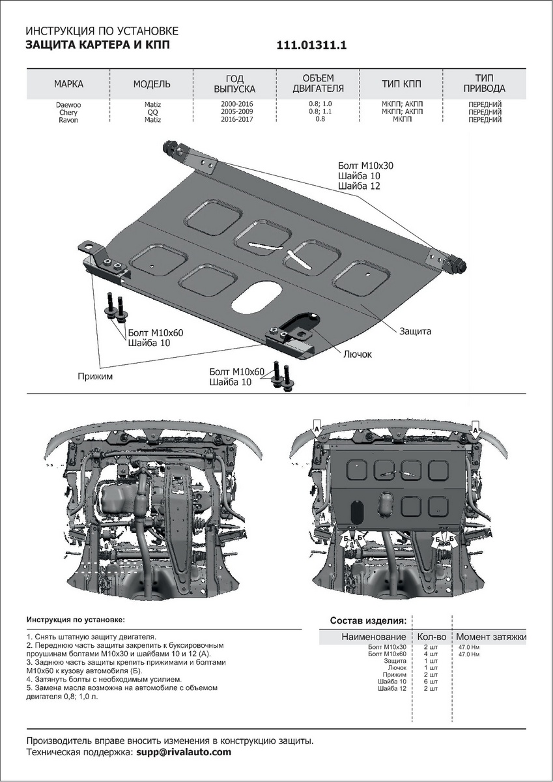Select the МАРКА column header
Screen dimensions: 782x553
68,84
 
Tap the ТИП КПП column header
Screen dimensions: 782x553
401,84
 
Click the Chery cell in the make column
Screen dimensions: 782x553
68,112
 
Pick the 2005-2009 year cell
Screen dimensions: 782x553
236,112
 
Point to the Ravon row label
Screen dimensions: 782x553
68,120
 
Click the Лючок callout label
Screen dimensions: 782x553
357,354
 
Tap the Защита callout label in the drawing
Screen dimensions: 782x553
415,331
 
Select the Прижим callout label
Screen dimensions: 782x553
91,376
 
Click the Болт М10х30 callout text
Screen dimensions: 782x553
365,166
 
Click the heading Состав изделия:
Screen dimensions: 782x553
368,620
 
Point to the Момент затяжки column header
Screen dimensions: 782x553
490,637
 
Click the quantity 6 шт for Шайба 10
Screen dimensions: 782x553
430,682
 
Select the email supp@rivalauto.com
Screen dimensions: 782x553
184,752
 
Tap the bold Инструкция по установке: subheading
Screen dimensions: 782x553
75,619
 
